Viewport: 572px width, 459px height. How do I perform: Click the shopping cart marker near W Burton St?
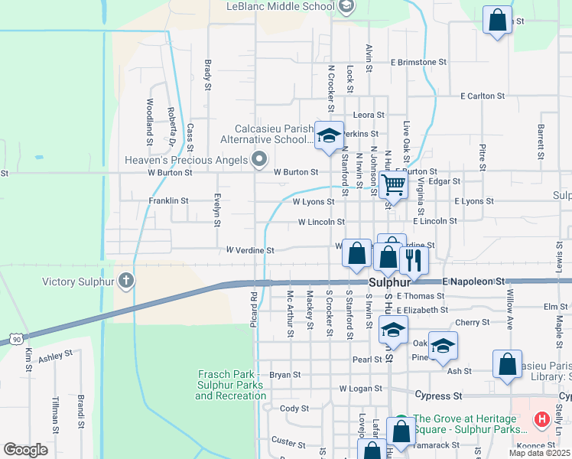(x=393, y=184)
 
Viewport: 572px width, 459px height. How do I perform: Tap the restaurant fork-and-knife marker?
(x=414, y=260)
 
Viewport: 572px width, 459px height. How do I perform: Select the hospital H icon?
(x=542, y=419)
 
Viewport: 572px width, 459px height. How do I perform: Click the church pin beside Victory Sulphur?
(x=127, y=281)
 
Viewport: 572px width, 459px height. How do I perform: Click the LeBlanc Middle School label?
(x=281, y=6)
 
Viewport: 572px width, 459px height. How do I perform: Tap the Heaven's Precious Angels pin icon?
(x=259, y=159)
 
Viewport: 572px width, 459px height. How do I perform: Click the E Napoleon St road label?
(x=474, y=282)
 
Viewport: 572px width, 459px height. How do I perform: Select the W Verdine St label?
(x=249, y=250)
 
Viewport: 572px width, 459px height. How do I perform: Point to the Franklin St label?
(x=169, y=200)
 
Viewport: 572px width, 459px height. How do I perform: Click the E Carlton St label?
(x=483, y=96)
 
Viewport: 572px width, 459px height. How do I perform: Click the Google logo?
(x=26, y=449)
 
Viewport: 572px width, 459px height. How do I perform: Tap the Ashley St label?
(x=55, y=356)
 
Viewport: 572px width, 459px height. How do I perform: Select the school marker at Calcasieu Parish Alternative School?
(x=329, y=137)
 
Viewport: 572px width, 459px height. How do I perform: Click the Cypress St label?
(x=439, y=396)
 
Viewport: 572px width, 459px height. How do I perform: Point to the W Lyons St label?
(x=314, y=202)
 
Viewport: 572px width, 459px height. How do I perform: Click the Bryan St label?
(x=284, y=375)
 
